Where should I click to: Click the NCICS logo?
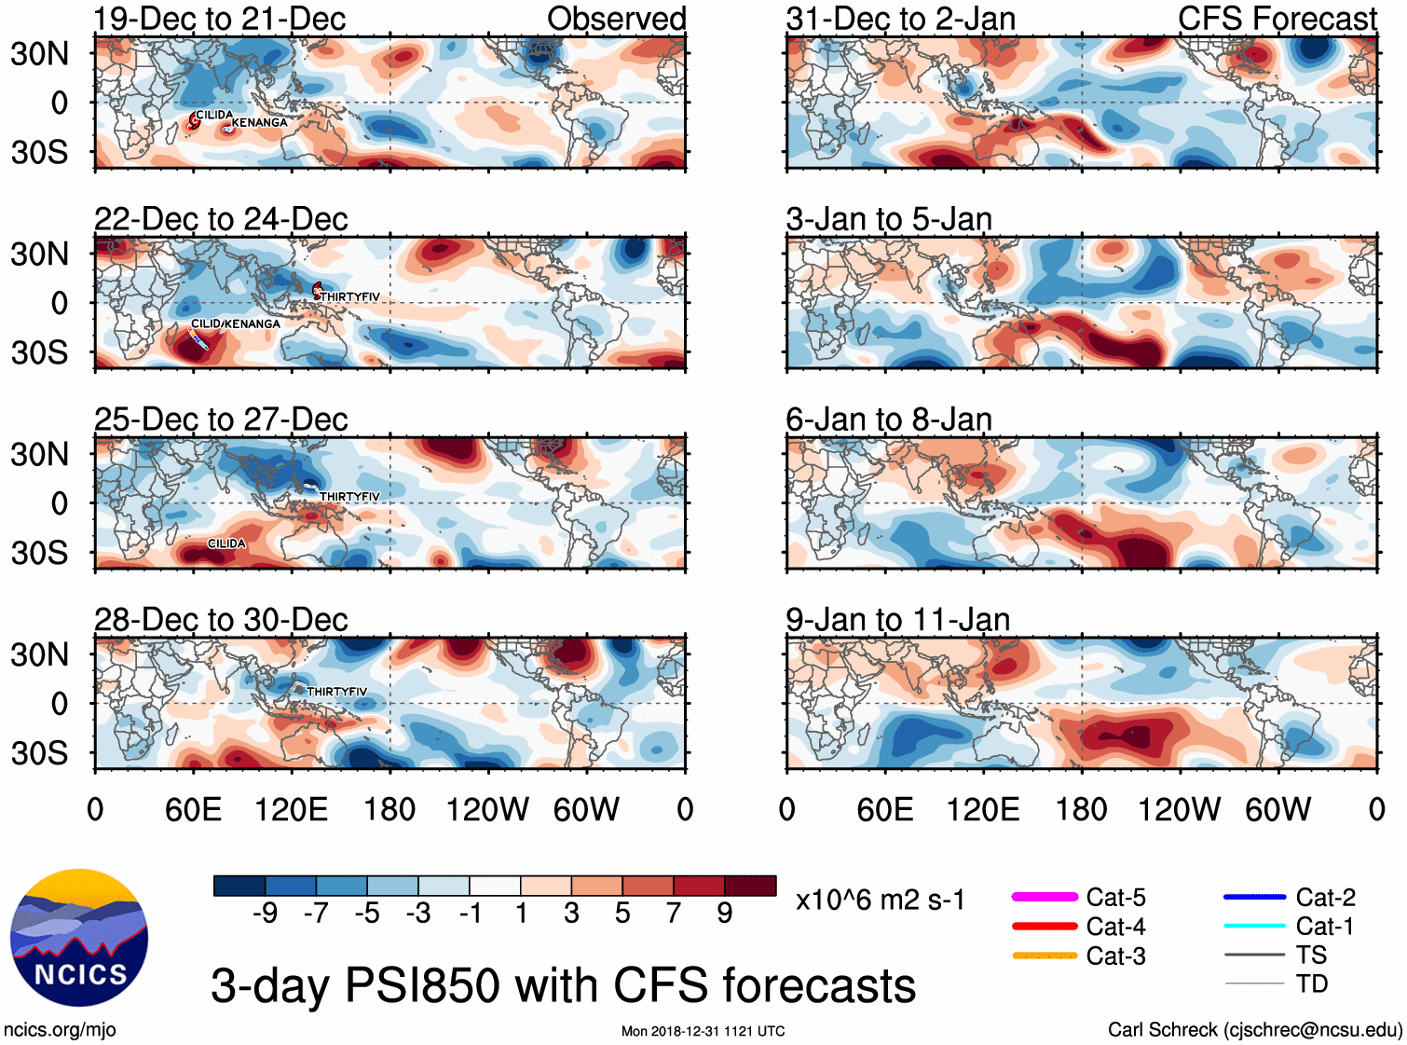pyautogui.click(x=79, y=938)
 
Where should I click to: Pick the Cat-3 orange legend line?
pyautogui.click(x=1045, y=956)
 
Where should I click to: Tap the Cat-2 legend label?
pyautogui.click(x=1325, y=898)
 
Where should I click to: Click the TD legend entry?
pyautogui.click(x=1311, y=983)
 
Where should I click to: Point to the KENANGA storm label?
pyautogui.click(x=259, y=123)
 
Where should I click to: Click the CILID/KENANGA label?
pyautogui.click(x=235, y=323)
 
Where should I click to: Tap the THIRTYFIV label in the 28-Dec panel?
pyautogui.click(x=336, y=692)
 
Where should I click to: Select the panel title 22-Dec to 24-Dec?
pyautogui.click(x=221, y=220)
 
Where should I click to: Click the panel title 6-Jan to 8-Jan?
pyautogui.click(x=888, y=420)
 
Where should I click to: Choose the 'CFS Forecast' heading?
pyautogui.click(x=1277, y=19)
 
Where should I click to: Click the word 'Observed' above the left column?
pyautogui.click(x=616, y=19)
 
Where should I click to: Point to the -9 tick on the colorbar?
pyautogui.click(x=265, y=914)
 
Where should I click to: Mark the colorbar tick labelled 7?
pyautogui.click(x=674, y=914)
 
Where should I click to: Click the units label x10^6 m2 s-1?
pyautogui.click(x=880, y=901)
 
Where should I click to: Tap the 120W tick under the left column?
pyautogui.click(x=487, y=809)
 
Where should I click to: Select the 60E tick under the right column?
pyautogui.click(x=884, y=809)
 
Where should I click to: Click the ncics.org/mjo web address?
pyautogui.click(x=60, y=1030)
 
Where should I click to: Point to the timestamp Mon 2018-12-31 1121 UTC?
pyautogui.click(x=703, y=1031)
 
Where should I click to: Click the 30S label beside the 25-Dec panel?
pyautogui.click(x=39, y=553)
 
